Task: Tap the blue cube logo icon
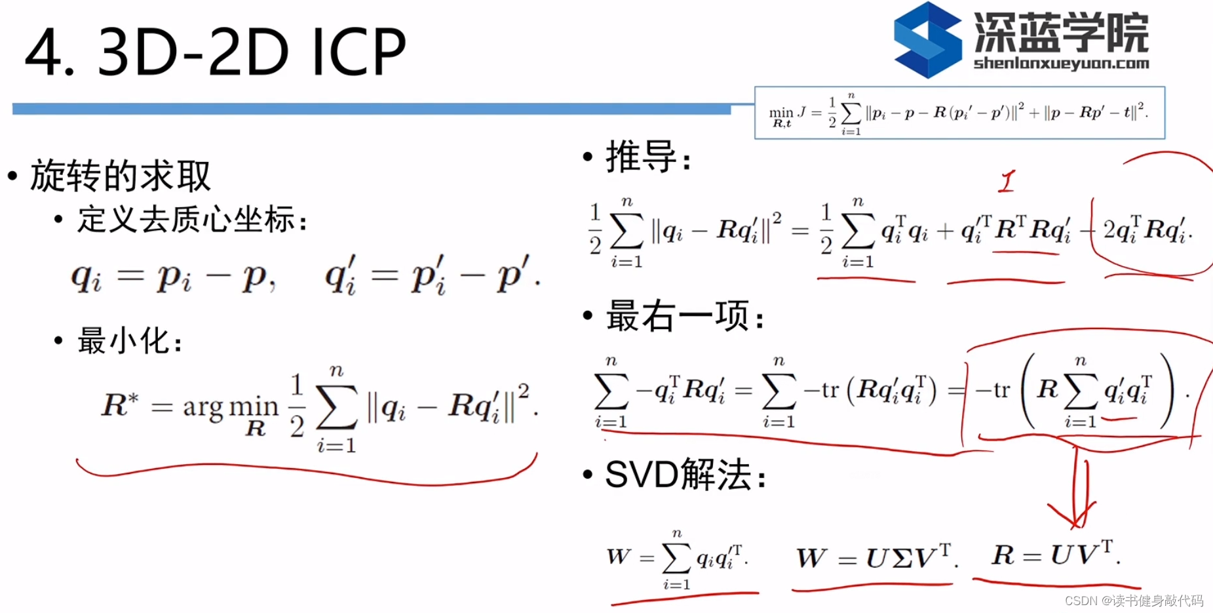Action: (x=927, y=41)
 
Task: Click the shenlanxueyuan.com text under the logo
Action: (x=1061, y=64)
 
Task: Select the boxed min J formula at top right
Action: (x=959, y=113)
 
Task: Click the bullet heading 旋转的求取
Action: (x=120, y=176)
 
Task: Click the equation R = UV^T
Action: (x=1055, y=555)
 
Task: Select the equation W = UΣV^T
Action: (x=876, y=557)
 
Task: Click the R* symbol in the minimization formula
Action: (x=120, y=405)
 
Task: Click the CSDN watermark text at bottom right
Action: (x=1134, y=601)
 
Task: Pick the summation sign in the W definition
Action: (x=676, y=558)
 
